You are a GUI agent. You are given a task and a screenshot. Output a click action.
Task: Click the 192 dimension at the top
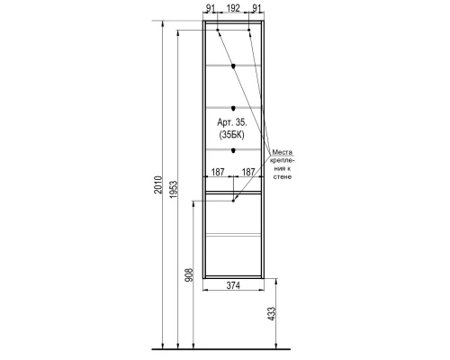tap(233, 8)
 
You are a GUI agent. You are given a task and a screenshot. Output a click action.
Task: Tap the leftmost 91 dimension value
tap(211, 8)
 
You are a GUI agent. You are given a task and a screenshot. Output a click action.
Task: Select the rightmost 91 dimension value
tap(256, 8)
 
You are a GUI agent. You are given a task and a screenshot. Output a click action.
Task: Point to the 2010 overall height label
tap(158, 184)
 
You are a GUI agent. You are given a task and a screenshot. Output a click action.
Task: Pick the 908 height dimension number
tap(189, 274)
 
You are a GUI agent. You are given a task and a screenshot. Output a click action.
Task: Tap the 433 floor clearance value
tap(272, 313)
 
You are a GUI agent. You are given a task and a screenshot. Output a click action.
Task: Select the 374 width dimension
tap(233, 285)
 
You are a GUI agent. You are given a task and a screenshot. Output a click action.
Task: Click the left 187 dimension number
tap(218, 172)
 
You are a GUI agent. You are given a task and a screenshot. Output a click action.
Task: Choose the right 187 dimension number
tap(248, 172)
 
